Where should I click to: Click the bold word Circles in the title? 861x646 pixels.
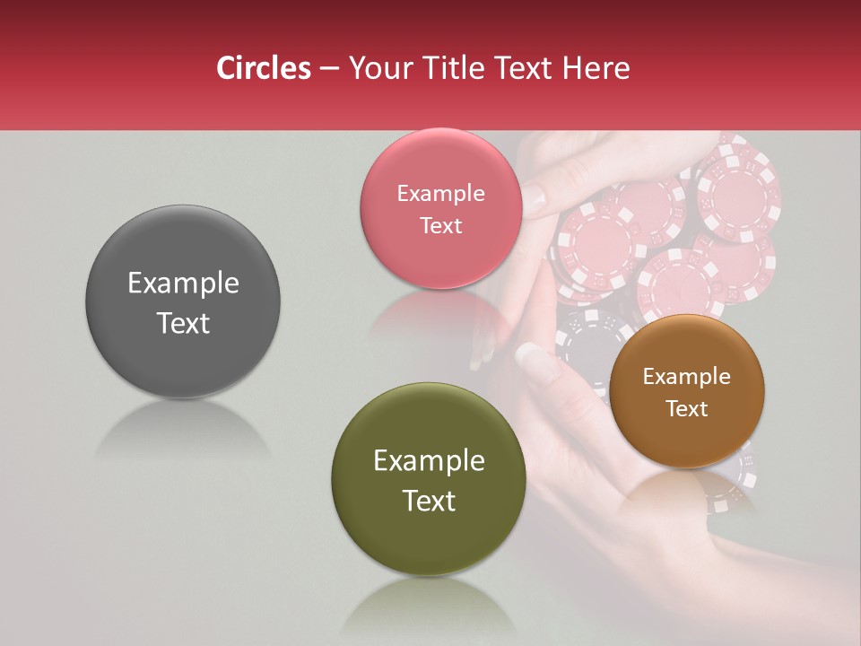[x=263, y=68]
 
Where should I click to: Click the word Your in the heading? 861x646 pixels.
[x=378, y=68]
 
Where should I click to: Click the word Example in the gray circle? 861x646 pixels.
[x=183, y=284]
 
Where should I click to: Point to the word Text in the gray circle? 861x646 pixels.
[x=183, y=323]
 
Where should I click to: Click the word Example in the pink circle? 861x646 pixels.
[x=441, y=194]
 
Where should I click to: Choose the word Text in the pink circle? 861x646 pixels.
[x=441, y=225]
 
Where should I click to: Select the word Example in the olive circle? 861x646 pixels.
[x=429, y=461]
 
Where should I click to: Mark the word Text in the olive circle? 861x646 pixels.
[x=429, y=501]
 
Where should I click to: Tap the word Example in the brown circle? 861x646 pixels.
[x=687, y=377]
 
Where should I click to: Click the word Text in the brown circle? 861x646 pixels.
[x=687, y=408]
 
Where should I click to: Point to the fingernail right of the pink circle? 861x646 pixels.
[x=535, y=197]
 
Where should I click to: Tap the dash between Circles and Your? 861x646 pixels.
[x=329, y=68]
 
